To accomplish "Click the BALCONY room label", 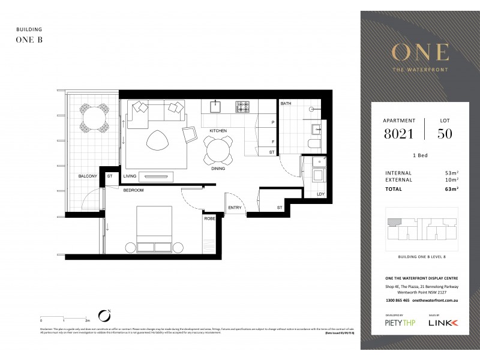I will click(88, 176).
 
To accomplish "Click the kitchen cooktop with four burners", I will click(242, 107).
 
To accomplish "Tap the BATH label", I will click(286, 104).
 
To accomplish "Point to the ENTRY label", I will click(235, 208).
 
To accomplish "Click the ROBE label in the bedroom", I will click(209, 219).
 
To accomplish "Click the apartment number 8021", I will click(398, 134).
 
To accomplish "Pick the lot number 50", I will click(445, 134).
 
